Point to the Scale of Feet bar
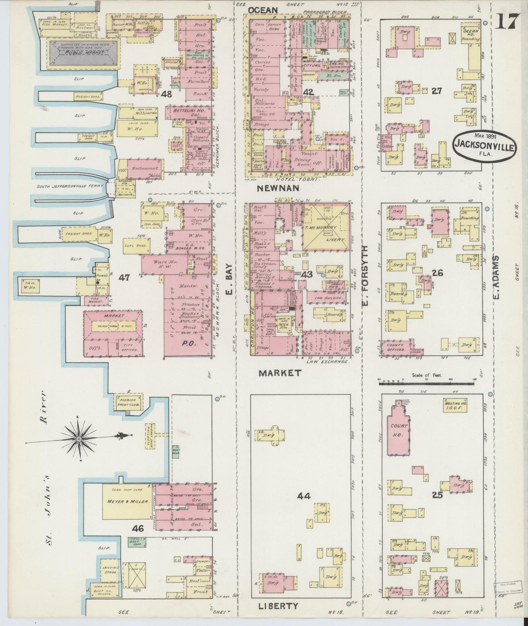pyautogui.click(x=426, y=383)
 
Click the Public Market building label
pyautogui.click(x=84, y=53)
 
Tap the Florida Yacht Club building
pyautogui.click(x=129, y=401)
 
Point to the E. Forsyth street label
pyautogui.click(x=366, y=276)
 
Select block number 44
pyautogui.click(x=304, y=496)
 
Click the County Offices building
pyautogui.click(x=396, y=347)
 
